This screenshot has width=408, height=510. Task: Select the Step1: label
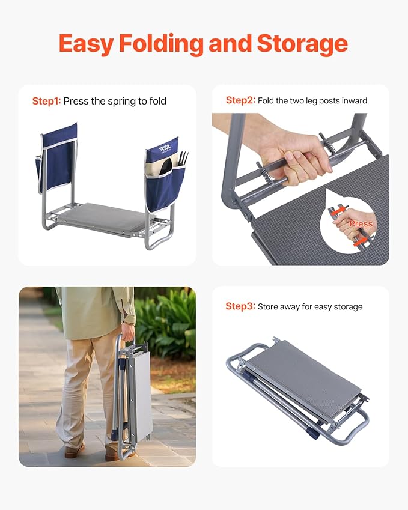click(x=46, y=101)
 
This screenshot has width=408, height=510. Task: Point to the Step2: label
click(x=240, y=100)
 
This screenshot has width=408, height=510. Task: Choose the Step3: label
click(x=240, y=306)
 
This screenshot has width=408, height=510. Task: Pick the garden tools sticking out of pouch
click(x=181, y=159)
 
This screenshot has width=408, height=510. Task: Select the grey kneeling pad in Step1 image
click(x=102, y=217)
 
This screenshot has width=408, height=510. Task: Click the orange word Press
click(x=361, y=223)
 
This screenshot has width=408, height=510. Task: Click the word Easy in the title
click(x=85, y=44)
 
